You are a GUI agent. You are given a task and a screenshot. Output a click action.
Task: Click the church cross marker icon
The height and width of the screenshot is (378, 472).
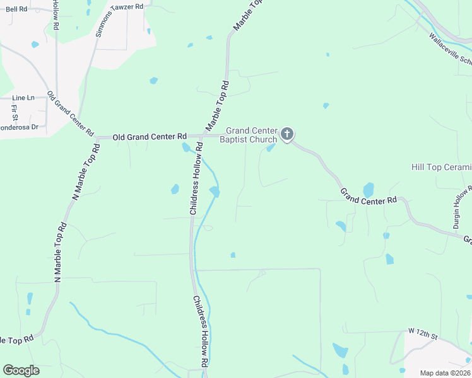tap(287, 134)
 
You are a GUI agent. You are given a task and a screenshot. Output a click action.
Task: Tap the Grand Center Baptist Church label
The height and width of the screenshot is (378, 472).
tap(248, 135)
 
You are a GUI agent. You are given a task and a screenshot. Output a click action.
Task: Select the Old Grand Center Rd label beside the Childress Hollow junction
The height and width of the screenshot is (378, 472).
tap(150, 136)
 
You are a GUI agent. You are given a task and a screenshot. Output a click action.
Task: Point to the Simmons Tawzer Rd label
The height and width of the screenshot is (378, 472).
tap(119, 20)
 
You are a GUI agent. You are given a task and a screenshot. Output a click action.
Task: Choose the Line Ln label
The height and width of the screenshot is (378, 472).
tap(23, 98)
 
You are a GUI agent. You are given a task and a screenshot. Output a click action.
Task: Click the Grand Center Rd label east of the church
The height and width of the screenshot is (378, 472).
tap(369, 195)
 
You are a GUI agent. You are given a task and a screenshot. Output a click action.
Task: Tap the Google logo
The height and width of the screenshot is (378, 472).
tap(21, 370)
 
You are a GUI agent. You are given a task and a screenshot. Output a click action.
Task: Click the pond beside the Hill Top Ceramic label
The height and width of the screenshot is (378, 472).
tap(369, 189)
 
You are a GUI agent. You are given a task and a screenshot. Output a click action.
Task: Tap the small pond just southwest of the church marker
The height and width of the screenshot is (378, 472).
tap(271, 148)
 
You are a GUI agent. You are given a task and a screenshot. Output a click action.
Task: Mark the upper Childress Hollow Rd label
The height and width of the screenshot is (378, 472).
tap(196, 178)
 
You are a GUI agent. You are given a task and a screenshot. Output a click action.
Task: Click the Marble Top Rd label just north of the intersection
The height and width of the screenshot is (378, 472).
tap(216, 105)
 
